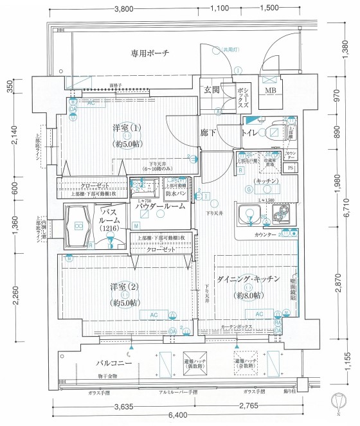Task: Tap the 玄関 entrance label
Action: pyautogui.click(x=212, y=89)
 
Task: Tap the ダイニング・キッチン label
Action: pyautogui.click(x=248, y=280)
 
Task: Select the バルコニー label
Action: pyautogui.click(x=98, y=364)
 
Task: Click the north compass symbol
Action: pyautogui.click(x=338, y=401)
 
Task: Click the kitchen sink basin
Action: pyautogui.click(x=248, y=215)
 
